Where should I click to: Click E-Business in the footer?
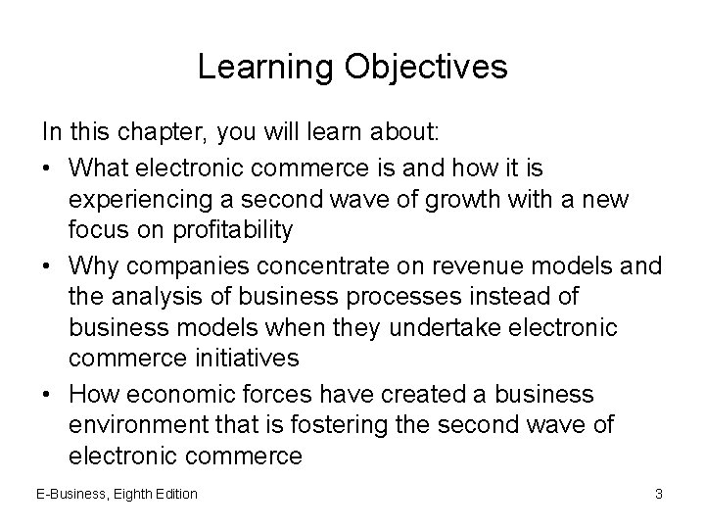73,494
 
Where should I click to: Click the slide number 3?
659,494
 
